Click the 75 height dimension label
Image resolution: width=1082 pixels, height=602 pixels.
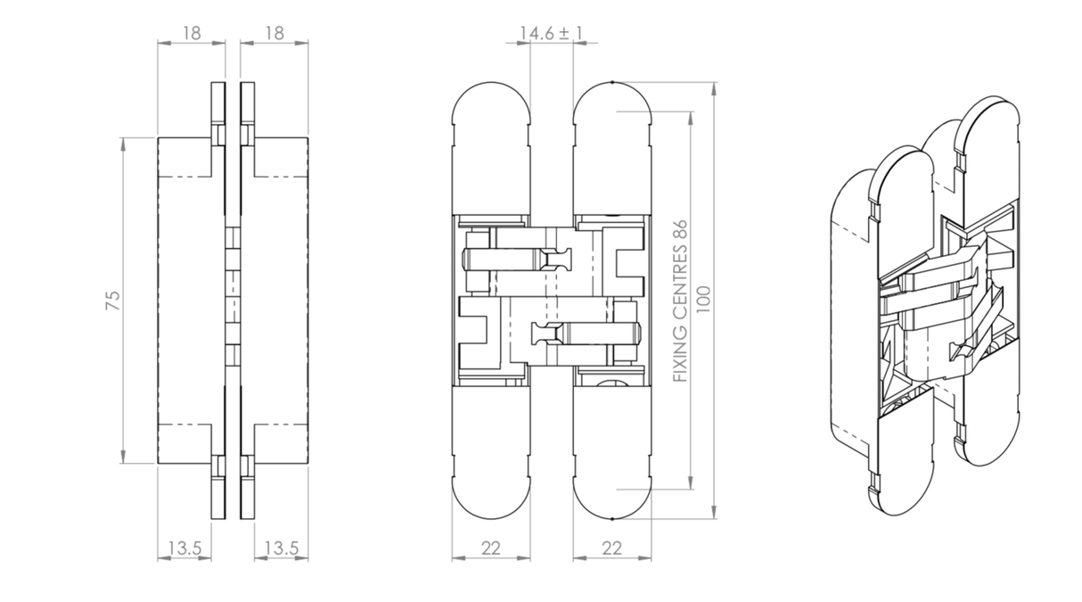(x=113, y=300)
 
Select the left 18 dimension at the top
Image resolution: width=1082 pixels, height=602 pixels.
(x=191, y=33)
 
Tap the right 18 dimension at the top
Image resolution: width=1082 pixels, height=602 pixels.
(x=274, y=33)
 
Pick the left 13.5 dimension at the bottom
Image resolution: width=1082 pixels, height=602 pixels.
(x=184, y=548)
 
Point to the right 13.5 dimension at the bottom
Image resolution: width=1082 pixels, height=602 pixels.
(x=282, y=548)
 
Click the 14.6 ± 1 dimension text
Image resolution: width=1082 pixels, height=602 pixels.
(x=552, y=33)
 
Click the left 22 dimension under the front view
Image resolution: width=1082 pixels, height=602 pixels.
(x=491, y=548)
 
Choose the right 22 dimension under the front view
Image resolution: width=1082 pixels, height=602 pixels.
(x=611, y=548)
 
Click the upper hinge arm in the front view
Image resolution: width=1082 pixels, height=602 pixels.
(x=517, y=260)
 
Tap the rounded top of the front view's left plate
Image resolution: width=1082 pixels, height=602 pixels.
(x=491, y=103)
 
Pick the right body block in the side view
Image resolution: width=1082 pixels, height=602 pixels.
(x=282, y=300)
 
